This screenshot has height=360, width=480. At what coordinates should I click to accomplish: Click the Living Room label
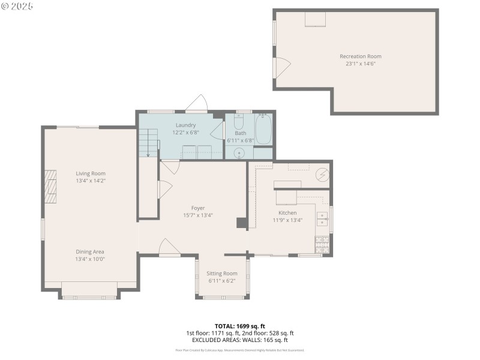pos(91,173)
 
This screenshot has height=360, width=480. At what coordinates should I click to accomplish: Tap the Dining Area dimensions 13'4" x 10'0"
pos(90,259)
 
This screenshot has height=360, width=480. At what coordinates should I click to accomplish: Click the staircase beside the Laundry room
pos(149,144)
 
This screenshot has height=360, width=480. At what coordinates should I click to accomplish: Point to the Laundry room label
pos(185,125)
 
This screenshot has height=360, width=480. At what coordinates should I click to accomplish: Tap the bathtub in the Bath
pos(263,128)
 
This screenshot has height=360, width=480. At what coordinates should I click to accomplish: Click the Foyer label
pos(198,208)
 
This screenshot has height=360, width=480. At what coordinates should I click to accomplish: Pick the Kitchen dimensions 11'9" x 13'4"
pos(287,220)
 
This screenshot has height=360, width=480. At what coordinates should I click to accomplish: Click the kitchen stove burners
pos(321,244)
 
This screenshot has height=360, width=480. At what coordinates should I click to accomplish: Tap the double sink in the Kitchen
pos(323,218)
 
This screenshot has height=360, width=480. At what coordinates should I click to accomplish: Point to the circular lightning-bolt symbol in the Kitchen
pos(322,175)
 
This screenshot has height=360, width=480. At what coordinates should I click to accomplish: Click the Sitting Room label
pos(222,274)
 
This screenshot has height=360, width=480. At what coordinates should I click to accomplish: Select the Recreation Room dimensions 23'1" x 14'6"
pos(361,64)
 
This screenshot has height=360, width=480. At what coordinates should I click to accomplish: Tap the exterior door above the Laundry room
pos(197,104)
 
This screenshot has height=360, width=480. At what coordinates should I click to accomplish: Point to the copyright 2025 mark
pos(17,6)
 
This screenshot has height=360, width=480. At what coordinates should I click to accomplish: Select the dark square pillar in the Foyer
pos(242,223)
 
